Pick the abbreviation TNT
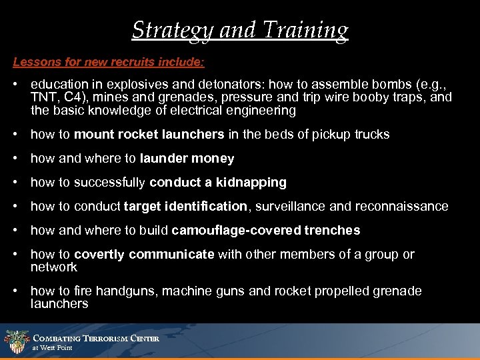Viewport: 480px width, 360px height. [42, 97]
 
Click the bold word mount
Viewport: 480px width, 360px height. [92, 134]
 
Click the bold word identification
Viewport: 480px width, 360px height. [207, 206]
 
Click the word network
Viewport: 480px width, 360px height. [54, 267]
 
